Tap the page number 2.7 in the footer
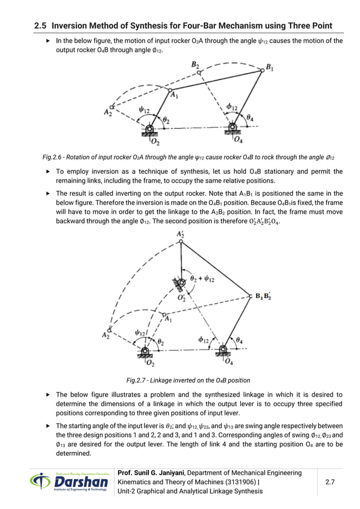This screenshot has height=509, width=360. [x=332, y=481]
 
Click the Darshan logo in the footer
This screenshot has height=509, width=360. [x=71, y=481]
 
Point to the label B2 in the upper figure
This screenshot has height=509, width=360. [x=195, y=65]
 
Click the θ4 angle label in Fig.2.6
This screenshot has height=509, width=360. [x=250, y=117]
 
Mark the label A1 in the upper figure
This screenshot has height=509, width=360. [x=175, y=95]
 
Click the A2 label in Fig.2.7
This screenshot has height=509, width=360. [x=106, y=335]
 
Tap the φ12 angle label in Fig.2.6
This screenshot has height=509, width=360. [x=231, y=107]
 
